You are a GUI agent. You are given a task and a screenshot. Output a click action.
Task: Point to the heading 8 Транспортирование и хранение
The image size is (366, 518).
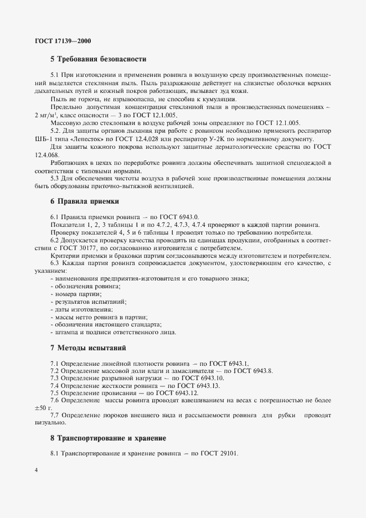108,438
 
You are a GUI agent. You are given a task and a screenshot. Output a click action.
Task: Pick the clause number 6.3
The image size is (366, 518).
55,263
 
